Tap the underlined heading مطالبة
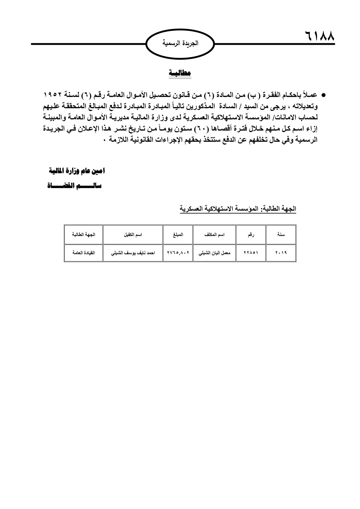coord(180,73)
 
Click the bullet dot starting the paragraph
coord(323,95)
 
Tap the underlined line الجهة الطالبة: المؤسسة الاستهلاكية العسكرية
coord(238,209)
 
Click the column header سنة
coord(281,234)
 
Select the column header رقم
coord(251,234)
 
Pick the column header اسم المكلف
coord(214,234)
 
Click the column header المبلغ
coord(178,234)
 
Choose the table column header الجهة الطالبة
coord(83,234)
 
